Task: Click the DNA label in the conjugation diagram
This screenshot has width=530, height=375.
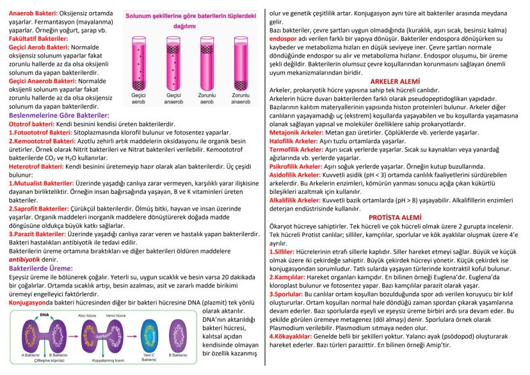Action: coord(44,315)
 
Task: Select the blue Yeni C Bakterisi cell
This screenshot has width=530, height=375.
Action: coord(149,336)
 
